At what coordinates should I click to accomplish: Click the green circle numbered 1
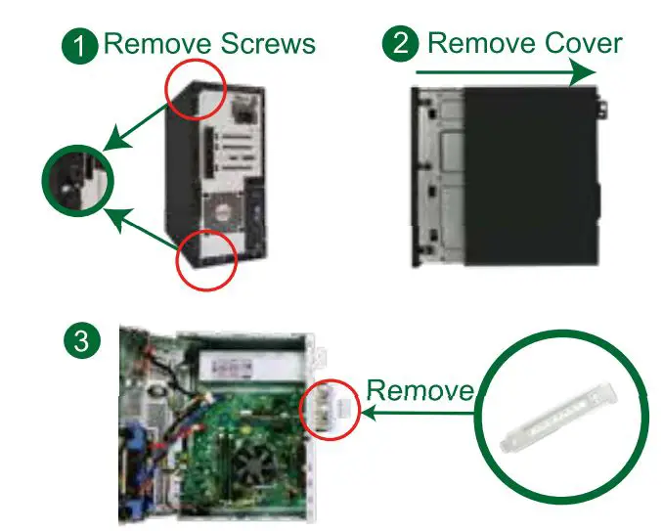point(79,45)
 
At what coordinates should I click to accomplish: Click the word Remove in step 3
point(419,391)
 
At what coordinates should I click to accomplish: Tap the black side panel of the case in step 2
point(528,176)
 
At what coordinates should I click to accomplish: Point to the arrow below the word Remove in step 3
point(419,414)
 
